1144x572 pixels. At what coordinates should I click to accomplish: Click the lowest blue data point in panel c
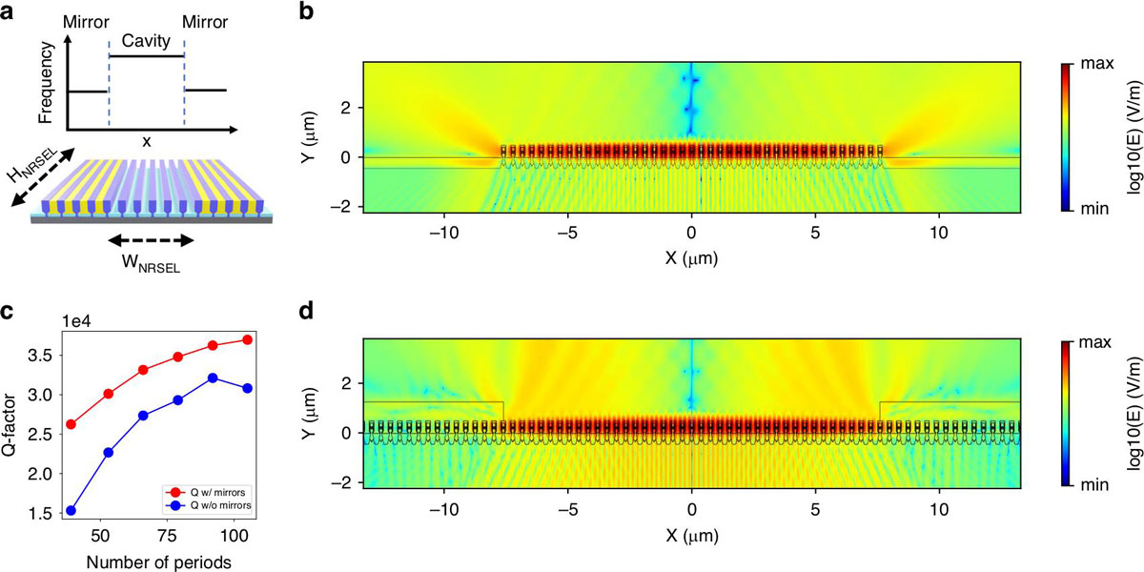coord(71,511)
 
